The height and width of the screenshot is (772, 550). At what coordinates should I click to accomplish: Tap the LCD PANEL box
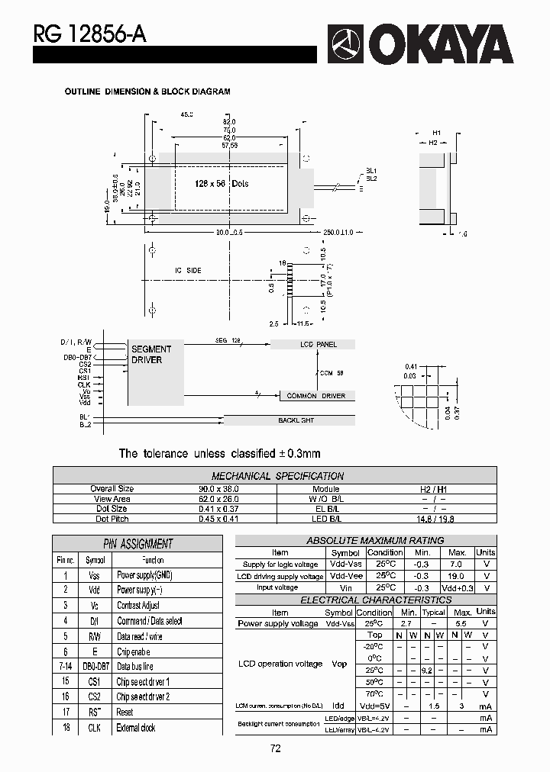(x=318, y=345)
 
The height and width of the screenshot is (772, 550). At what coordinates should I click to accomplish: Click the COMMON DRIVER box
(x=315, y=396)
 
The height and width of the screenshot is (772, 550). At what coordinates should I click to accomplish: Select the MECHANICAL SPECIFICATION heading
(x=277, y=476)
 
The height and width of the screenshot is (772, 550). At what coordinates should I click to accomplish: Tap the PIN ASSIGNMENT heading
(x=138, y=544)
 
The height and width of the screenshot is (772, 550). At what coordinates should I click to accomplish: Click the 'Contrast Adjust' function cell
(x=138, y=606)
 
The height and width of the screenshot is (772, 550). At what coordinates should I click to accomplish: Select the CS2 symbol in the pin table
(x=95, y=697)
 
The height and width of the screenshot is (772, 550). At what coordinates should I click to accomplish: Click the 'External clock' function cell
(x=136, y=728)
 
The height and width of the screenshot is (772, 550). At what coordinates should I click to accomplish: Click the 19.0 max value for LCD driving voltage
(x=457, y=577)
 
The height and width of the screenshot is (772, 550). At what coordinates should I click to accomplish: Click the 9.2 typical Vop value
(x=428, y=671)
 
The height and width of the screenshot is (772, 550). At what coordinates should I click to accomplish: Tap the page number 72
(x=276, y=749)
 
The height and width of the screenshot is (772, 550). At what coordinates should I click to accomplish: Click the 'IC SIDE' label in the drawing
(x=188, y=271)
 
